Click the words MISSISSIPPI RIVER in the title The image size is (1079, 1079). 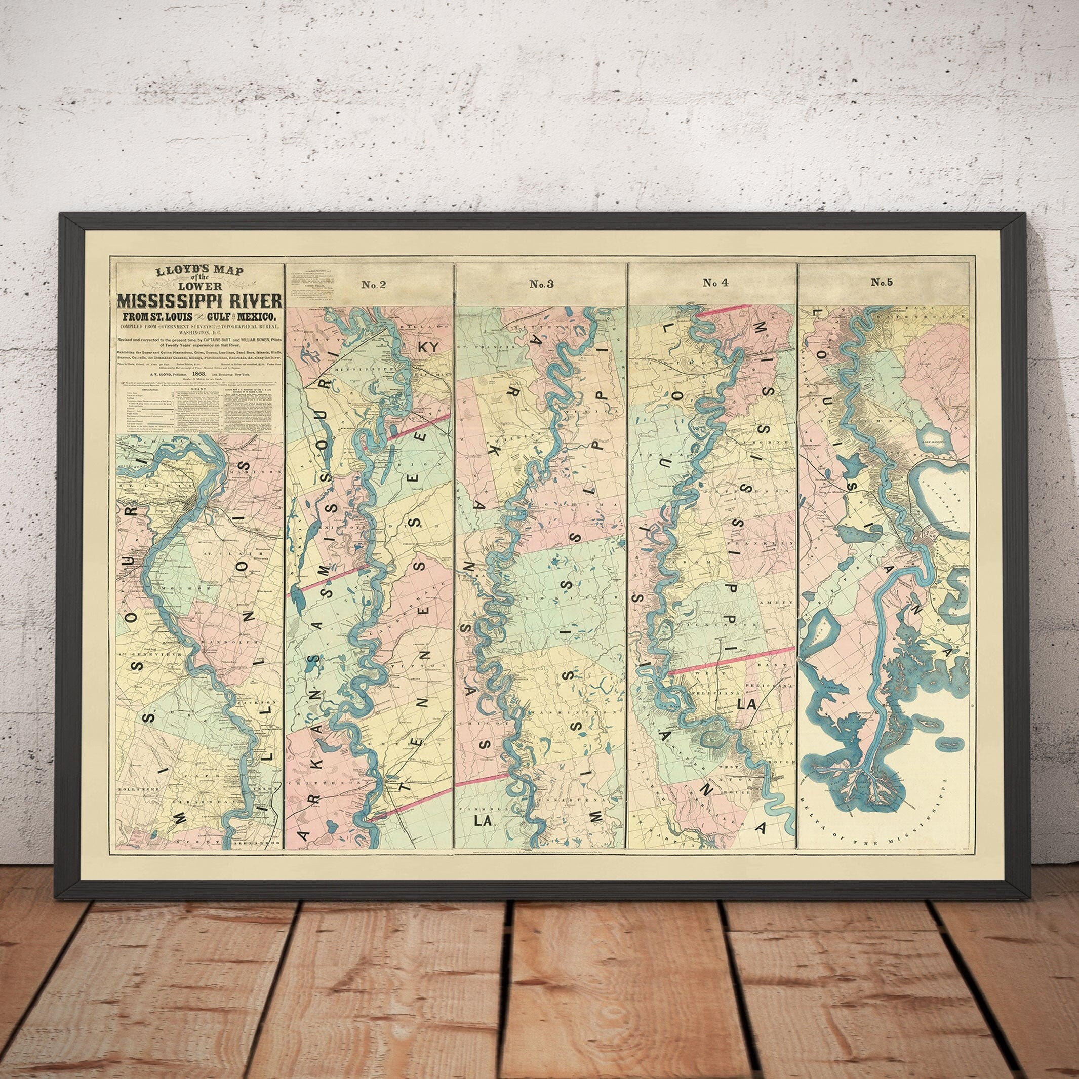199,302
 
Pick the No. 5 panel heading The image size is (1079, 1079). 882,283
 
